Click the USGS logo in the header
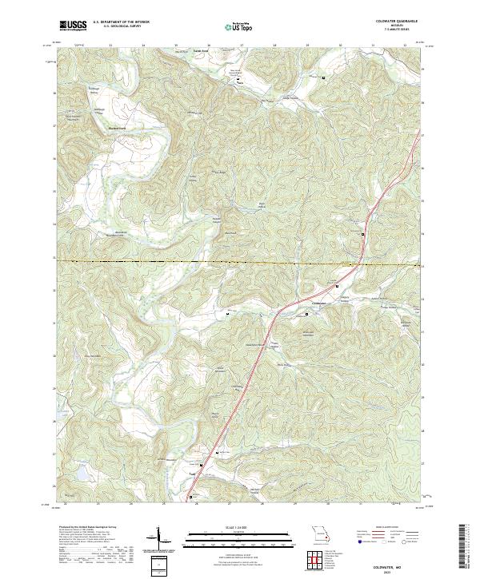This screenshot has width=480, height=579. (x=73, y=26)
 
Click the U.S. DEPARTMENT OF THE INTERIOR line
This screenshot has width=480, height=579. (x=121, y=23)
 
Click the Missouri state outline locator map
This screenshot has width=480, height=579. (x=322, y=535)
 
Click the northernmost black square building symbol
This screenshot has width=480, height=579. (x=323, y=78)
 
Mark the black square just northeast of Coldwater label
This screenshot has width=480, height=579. (x=337, y=286)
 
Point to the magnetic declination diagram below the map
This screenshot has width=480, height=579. (x=158, y=539)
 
